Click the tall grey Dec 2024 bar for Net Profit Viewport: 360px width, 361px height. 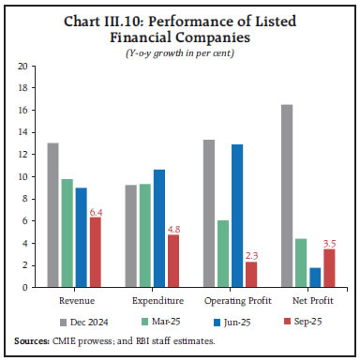point(286,196)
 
